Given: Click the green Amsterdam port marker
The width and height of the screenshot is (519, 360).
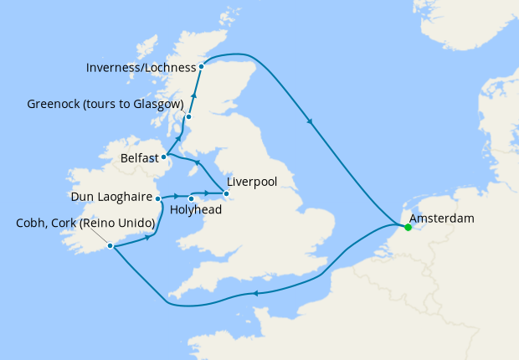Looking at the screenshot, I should (x=407, y=227).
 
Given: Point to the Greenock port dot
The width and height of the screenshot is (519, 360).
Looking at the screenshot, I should (x=188, y=117).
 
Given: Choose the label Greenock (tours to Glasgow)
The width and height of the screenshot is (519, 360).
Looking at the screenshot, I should (x=105, y=104).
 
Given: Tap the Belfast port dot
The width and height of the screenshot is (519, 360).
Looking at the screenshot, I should (x=165, y=156).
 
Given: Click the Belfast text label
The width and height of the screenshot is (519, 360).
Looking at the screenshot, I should (x=139, y=156).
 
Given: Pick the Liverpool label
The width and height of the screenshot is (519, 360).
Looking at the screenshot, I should (x=252, y=181).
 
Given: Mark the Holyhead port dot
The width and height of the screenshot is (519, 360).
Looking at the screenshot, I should (x=192, y=198).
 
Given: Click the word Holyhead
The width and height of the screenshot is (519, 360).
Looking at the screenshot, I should (x=195, y=210).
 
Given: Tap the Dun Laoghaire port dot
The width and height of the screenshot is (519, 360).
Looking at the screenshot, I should (x=157, y=198).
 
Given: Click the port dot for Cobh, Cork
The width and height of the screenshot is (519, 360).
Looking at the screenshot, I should (x=110, y=246).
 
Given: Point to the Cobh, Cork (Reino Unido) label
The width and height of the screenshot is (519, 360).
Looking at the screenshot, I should (x=86, y=224).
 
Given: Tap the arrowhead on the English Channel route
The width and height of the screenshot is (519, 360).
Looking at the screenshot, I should (x=256, y=292).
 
